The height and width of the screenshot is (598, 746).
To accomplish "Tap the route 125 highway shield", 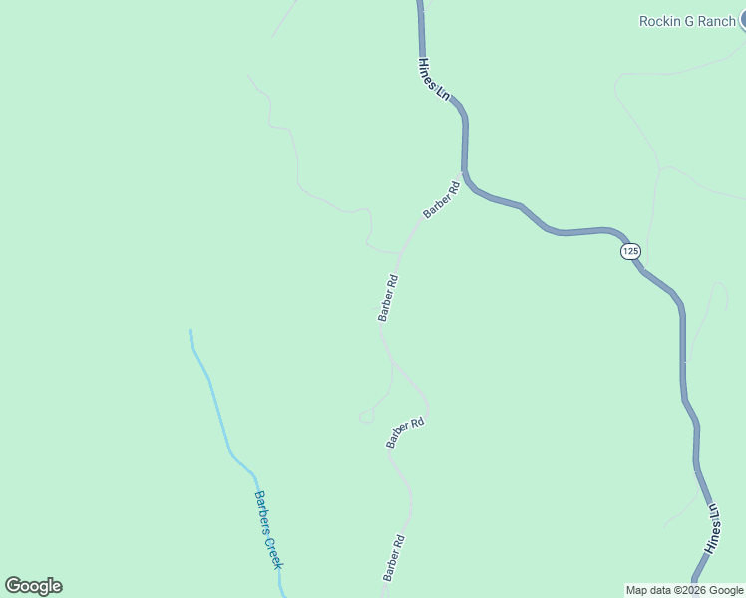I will [629, 251].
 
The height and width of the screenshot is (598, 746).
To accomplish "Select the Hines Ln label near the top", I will [434, 78].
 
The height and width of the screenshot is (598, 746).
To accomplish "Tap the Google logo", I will [33, 586].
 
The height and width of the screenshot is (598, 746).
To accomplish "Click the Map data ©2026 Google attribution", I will [684, 590].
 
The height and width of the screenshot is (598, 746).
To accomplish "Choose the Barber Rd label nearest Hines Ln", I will [441, 199].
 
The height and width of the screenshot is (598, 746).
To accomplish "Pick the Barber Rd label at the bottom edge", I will [393, 559].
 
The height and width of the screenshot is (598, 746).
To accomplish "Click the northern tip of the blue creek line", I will [190, 330].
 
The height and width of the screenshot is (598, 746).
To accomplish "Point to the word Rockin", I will [658, 21].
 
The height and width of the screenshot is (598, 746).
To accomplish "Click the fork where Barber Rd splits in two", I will [392, 363].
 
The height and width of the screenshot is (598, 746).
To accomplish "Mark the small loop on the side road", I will [367, 414].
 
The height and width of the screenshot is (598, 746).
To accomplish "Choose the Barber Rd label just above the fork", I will [388, 298].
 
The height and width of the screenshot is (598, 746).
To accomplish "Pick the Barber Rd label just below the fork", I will [406, 433].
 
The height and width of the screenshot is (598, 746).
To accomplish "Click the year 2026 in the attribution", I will [692, 590].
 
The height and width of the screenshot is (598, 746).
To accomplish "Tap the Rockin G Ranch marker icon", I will [742, 20].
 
